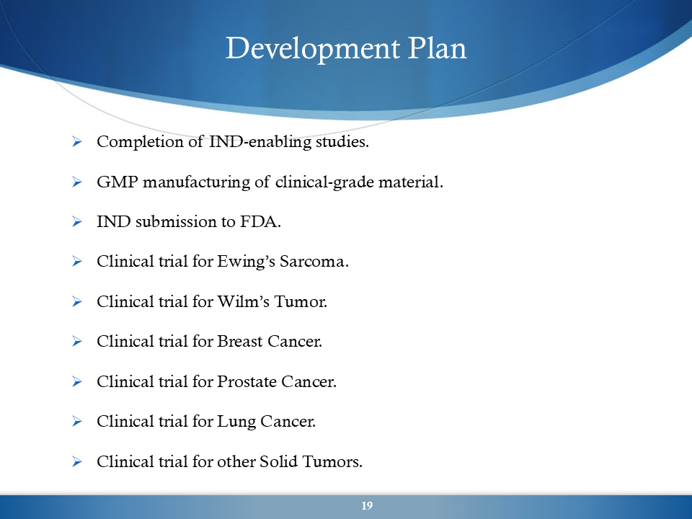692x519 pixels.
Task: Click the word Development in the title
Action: coord(313,48)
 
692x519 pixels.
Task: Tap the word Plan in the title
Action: coord(437,48)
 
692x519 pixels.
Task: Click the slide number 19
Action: coord(367,506)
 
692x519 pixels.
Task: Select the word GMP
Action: coord(117,182)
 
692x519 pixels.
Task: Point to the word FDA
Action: coord(260,221)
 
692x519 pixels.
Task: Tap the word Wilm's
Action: coord(244,301)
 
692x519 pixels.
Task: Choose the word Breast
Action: coord(239,342)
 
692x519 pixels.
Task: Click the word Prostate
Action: coord(247,382)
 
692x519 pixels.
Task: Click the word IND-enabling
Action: coord(260,142)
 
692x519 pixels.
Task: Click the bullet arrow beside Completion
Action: coord(77,142)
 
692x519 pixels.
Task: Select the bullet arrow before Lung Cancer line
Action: coord(77,422)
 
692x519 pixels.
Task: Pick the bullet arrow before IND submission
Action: coord(77,221)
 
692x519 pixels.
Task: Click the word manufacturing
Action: coord(196,182)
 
